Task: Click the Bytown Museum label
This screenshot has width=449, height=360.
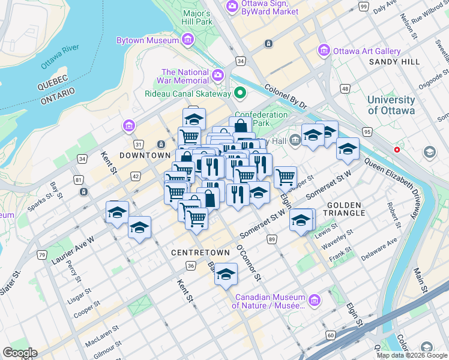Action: [147, 40]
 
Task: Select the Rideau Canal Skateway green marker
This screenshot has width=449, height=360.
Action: [241, 93]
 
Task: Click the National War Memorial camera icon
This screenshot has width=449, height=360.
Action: [218, 76]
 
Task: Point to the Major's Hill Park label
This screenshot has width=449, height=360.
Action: [197, 17]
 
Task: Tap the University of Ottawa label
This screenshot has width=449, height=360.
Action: [391, 105]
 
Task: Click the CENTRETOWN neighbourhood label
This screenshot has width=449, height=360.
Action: [200, 253]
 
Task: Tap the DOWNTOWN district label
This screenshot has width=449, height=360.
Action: [145, 155]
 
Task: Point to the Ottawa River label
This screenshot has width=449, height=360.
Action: [60, 56]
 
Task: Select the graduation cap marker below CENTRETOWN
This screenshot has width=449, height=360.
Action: [226, 275]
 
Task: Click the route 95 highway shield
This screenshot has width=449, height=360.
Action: [366, 131]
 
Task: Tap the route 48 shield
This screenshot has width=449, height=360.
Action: [345, 88]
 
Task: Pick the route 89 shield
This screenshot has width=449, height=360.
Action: [272, 239]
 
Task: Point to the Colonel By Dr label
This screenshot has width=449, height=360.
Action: [286, 97]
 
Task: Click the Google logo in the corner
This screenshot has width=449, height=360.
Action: [20, 353]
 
